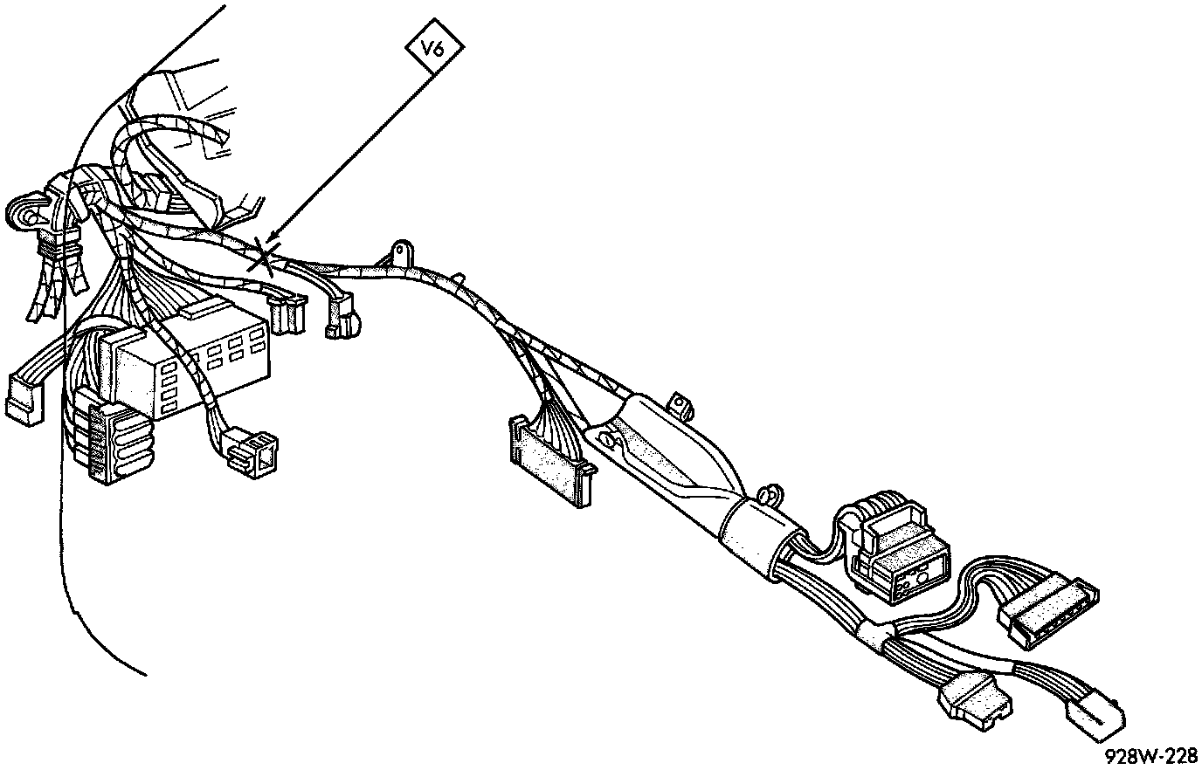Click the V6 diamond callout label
[x=432, y=50]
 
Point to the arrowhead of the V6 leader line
[x=271, y=239]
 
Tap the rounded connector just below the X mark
[x=342, y=319]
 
